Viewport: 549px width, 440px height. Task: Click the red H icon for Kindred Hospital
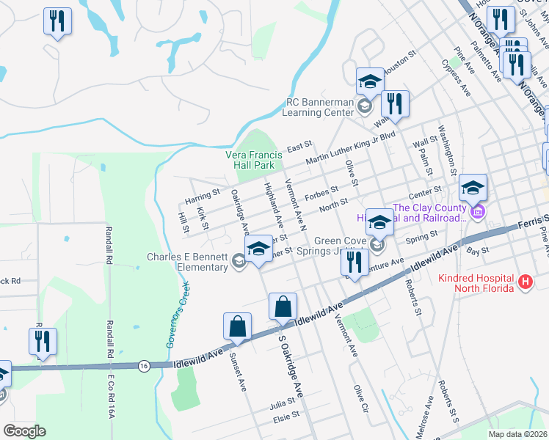click(x=525, y=282)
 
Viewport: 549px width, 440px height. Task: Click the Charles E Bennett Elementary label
click(x=187, y=262)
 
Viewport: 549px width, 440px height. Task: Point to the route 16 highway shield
click(x=144, y=364)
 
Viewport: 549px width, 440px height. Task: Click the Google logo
click(x=23, y=430)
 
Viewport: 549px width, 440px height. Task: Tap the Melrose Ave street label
click(x=429, y=414)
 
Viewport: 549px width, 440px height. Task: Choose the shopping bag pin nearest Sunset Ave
click(x=237, y=327)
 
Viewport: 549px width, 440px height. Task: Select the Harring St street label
click(x=203, y=196)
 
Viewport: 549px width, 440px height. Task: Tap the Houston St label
click(x=402, y=59)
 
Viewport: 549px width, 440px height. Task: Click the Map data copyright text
click(x=517, y=434)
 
